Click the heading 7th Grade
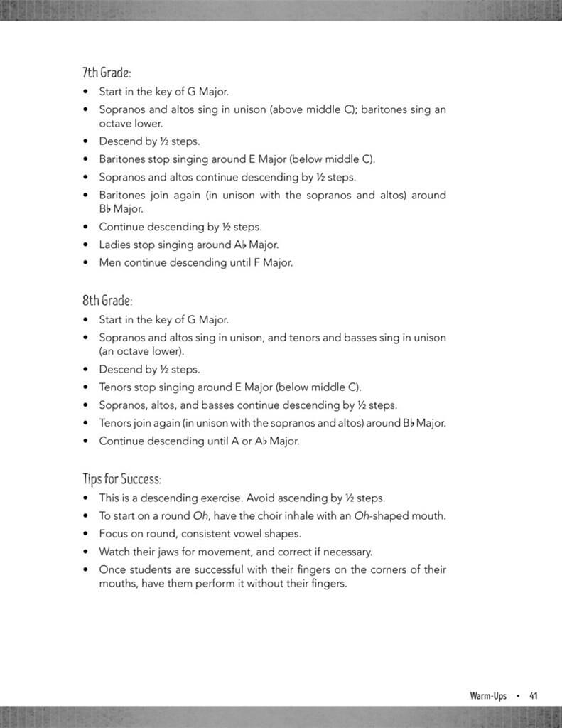[x=107, y=73]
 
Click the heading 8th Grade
[x=107, y=301]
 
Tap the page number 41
[x=533, y=696]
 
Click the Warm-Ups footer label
[x=488, y=696]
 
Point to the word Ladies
[x=114, y=245]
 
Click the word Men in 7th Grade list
[x=110, y=262]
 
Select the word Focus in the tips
[x=114, y=534]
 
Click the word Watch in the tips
[x=114, y=552]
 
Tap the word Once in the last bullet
[x=113, y=569]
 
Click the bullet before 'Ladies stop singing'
[x=86, y=245]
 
